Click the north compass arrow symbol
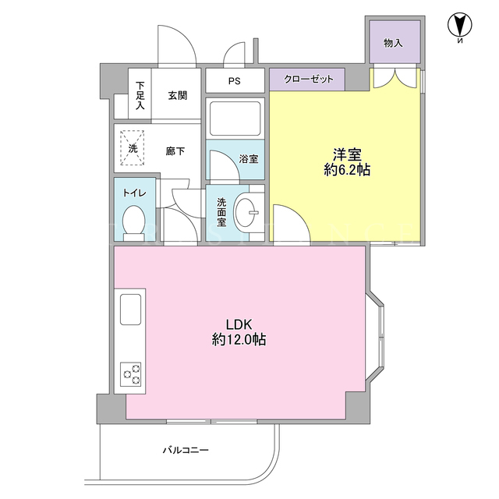tap(460, 26)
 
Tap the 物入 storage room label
tap(393, 43)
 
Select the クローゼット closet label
tap(309, 79)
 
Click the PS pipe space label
tap(235, 81)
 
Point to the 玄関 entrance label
tap(178, 95)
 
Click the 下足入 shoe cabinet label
tap(140, 95)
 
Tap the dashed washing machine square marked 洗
tap(132, 147)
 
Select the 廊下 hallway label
tap(175, 150)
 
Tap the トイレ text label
tap(135, 193)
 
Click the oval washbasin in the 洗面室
tap(246, 212)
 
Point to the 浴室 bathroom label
tap(249, 158)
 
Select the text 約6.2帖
tap(347, 170)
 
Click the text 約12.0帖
tap(239, 340)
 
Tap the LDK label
tap(239, 324)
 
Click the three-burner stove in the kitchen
tap(131, 374)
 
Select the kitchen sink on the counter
tap(130, 310)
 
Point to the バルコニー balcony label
tap(186, 450)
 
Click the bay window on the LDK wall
tap(376, 336)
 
